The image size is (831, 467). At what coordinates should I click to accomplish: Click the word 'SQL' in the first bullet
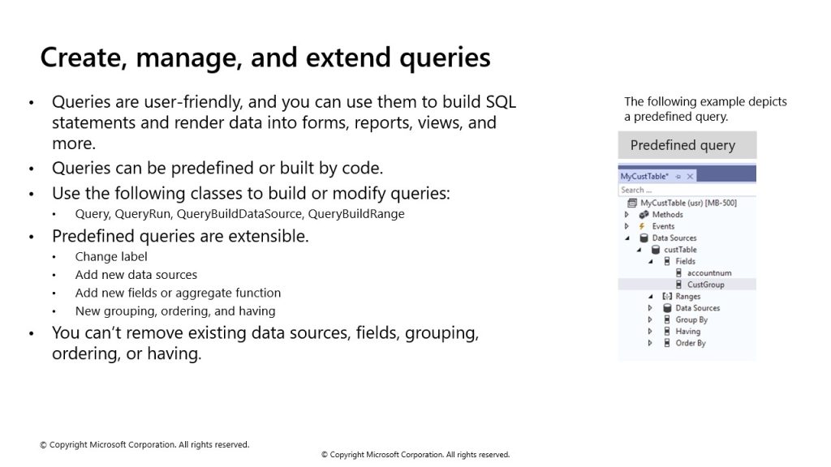501,101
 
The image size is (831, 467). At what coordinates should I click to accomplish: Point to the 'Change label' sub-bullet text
111,257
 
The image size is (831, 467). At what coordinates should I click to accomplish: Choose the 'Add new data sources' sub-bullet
136,275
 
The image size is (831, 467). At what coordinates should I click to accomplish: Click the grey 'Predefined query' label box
687,145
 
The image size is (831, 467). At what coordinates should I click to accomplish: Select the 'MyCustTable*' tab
644,176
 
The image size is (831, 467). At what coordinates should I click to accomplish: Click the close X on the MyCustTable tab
690,176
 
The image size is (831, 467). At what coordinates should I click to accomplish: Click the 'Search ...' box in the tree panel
687,190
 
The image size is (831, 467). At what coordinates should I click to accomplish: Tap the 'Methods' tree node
667,214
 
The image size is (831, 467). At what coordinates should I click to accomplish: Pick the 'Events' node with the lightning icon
663,226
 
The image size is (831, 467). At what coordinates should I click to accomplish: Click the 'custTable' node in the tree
680,250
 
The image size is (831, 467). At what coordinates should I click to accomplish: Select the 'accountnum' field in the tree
709,272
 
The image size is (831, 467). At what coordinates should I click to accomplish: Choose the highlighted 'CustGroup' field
705,285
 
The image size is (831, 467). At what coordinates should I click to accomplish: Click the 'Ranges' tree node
688,297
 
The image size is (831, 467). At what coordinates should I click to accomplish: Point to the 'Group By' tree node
691,319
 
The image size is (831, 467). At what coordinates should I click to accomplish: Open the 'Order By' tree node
691,343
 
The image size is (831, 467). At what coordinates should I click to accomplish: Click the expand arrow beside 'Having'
650,332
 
